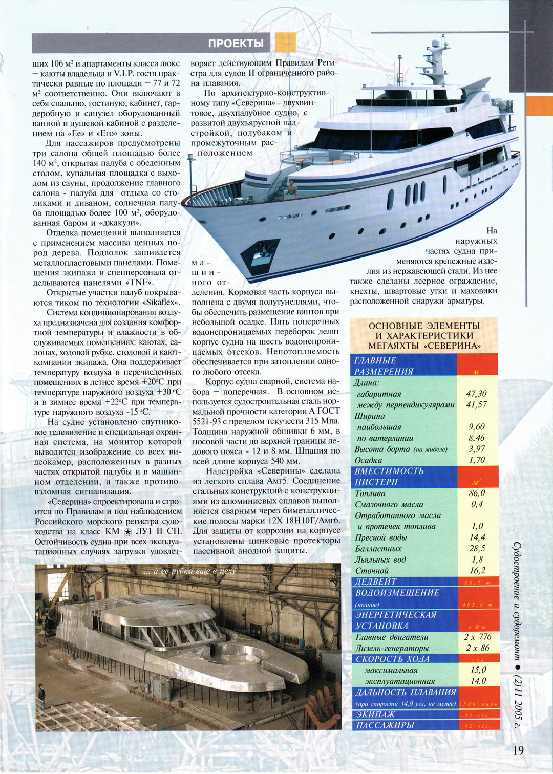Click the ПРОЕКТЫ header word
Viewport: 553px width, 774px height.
236,44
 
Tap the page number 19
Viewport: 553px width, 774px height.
518,750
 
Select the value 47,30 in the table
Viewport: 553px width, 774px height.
476,394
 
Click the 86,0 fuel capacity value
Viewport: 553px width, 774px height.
477,493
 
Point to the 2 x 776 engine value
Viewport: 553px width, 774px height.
478,637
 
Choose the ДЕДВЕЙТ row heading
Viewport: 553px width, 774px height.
376,582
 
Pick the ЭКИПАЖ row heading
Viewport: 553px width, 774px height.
376,714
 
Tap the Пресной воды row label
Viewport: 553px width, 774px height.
381,537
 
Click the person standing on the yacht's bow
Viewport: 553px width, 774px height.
292,189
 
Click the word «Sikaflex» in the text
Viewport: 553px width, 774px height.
161,303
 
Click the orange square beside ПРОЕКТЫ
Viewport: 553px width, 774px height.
285,42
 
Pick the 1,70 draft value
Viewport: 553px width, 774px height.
477,460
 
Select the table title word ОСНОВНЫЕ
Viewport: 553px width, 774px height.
395,326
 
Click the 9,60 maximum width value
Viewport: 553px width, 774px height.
477,427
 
